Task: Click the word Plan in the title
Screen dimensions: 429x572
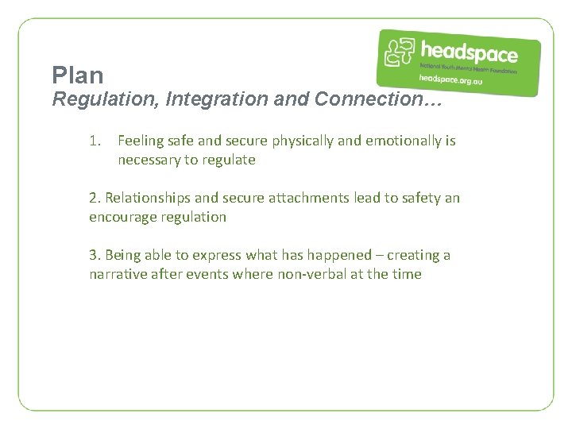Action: click(x=78, y=75)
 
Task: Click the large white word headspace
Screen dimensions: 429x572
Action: click(x=469, y=52)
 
